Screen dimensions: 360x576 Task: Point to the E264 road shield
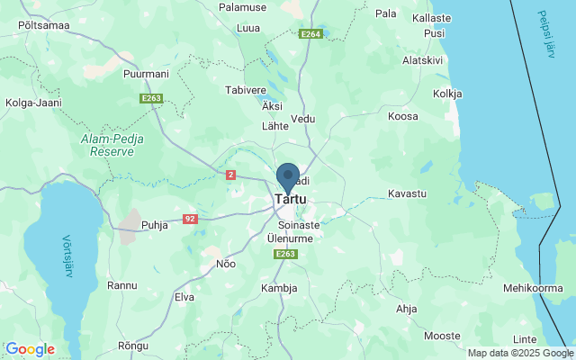pyautogui.click(x=310, y=34)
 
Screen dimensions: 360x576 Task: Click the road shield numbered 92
pyautogui.click(x=190, y=219)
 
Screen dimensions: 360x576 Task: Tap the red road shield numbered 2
pyautogui.click(x=230, y=175)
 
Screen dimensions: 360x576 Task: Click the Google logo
pyautogui.click(x=30, y=349)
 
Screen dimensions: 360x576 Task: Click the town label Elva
pyautogui.click(x=184, y=296)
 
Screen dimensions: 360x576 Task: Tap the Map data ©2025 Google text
pyautogui.click(x=519, y=353)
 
